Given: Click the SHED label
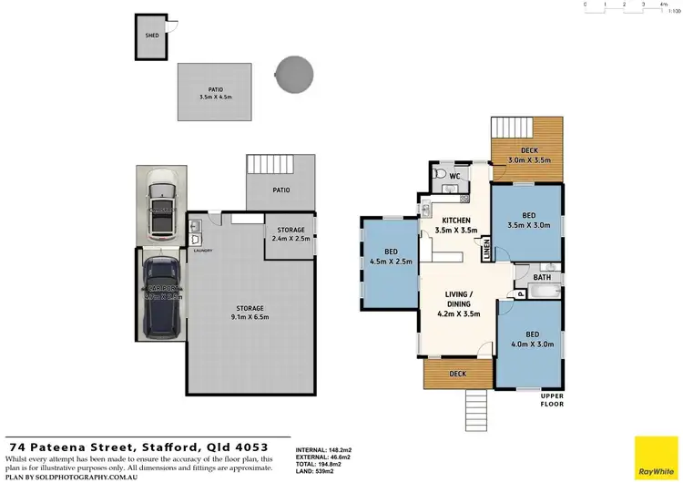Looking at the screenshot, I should pos(151,36).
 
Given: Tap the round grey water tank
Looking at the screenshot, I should pos(294,74).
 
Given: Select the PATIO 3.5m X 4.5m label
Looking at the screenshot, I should pos(215,93).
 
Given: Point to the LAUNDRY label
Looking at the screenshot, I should pos(202,251).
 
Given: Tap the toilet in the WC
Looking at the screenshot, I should pos(438,172).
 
